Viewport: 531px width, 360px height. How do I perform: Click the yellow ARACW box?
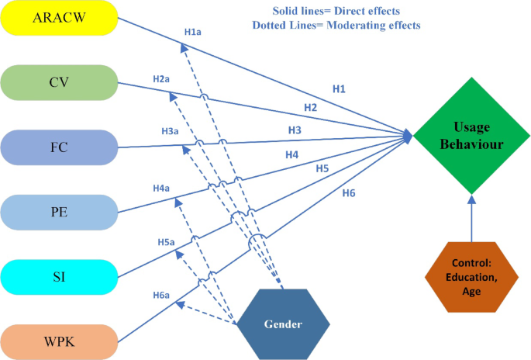pos(59,17)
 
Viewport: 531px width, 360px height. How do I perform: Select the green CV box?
pos(59,81)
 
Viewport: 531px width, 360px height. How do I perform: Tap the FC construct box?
pos(59,147)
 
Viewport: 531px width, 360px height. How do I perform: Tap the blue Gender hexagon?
pos(283,320)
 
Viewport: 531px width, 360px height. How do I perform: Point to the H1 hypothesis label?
pos(339,89)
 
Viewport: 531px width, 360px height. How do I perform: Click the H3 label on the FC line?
pos(295,129)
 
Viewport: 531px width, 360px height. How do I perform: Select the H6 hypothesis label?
pos(349,192)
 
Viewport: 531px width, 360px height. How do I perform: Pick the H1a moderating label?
pos(192,33)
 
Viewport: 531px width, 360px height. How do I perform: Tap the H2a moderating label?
pos(161,79)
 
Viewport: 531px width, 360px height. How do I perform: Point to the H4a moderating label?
pos(161,188)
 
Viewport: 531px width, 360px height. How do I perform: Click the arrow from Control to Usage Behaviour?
pos(470,221)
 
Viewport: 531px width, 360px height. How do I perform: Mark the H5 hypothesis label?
pos(322,168)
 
